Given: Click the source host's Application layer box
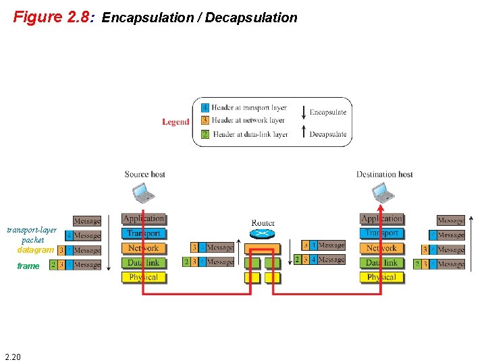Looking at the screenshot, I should click(x=143, y=218).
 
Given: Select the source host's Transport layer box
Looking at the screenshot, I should click(x=143, y=233).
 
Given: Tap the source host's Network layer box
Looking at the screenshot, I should click(x=143, y=248).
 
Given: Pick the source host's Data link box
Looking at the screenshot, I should click(x=143, y=263).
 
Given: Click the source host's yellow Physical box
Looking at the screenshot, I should click(x=143, y=277).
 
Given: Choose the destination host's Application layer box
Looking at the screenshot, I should click(x=381, y=218).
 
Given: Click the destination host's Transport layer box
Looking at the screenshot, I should click(x=381, y=233).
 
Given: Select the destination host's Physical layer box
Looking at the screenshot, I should click(x=381, y=277).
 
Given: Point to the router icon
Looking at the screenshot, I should click(x=263, y=234).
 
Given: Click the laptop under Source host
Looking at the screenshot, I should click(x=144, y=193).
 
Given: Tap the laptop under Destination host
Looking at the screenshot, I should click(x=383, y=193).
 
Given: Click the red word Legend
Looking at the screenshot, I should click(x=175, y=122).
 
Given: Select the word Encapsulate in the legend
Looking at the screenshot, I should click(x=327, y=112).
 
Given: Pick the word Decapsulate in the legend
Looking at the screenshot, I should click(x=327, y=134).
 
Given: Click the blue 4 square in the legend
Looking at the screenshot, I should click(x=205, y=108).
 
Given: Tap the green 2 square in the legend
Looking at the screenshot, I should click(x=205, y=134).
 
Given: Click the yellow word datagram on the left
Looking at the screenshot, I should click(x=35, y=250).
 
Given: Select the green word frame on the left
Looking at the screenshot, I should click(x=28, y=266).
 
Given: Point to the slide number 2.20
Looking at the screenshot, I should click(x=12, y=356).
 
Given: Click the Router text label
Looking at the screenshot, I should click(x=263, y=222).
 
